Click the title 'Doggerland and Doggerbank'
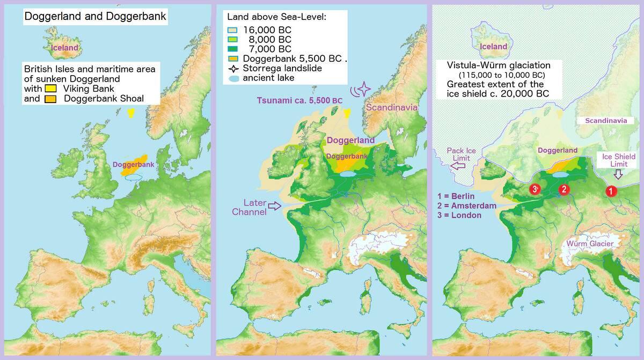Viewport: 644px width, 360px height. point(95,17)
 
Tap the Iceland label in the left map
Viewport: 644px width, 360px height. point(64,48)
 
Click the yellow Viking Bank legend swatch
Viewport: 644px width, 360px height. point(51,89)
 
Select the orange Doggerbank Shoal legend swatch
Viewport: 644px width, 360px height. point(51,99)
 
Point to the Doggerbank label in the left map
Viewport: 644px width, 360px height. point(133,164)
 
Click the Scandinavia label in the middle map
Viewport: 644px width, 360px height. point(392,107)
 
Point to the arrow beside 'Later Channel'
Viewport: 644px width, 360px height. point(274,206)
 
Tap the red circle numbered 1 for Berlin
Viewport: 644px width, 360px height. point(610,190)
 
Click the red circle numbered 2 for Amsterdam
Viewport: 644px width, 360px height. point(563,189)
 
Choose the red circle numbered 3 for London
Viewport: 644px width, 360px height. point(534,189)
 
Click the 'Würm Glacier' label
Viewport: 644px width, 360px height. point(590,244)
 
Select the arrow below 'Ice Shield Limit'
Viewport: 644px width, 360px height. point(617,174)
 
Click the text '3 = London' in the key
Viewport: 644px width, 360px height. point(459,215)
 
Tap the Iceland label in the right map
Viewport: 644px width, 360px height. point(493,47)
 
